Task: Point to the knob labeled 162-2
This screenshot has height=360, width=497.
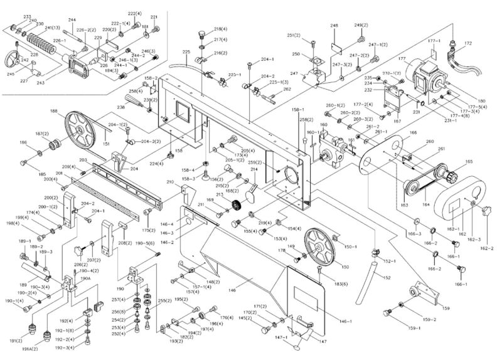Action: (486, 213)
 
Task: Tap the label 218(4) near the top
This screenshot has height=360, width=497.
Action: (220, 29)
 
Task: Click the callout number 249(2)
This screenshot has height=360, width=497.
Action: (361, 24)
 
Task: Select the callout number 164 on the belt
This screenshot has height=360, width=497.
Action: (425, 204)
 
